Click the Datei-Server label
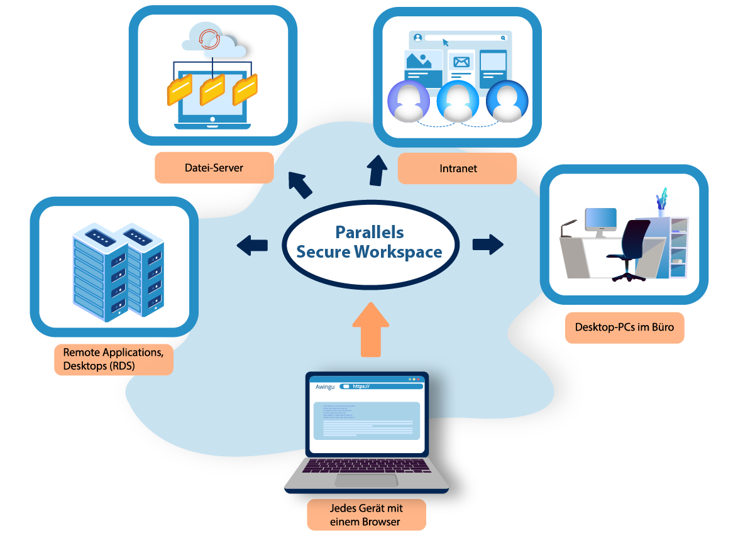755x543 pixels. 214,168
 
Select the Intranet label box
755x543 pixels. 458,168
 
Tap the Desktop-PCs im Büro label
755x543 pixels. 624,327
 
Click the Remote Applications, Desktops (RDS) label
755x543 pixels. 113,359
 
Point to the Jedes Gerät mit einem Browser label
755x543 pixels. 366,515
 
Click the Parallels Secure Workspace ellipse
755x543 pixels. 370,243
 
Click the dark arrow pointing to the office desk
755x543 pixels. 488,244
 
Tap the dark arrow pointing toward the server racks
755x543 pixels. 252,244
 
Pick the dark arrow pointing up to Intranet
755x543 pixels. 378,170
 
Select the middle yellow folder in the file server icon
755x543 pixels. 212,90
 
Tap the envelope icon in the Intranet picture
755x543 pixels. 462,62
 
